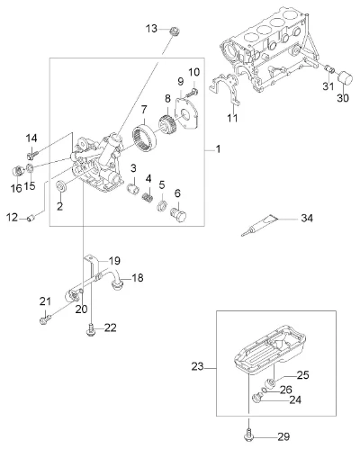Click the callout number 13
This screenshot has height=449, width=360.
151,29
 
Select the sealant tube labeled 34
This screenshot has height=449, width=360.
260,226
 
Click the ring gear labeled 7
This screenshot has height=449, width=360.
145,139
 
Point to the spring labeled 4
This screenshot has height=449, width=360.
147,197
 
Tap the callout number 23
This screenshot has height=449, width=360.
197,366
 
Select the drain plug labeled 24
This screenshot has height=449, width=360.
257,398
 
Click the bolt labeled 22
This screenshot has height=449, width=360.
90,330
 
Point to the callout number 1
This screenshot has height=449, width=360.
218,148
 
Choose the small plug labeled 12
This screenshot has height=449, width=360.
31,218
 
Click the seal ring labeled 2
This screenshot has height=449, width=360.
62,186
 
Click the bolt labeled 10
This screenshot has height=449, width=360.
192,92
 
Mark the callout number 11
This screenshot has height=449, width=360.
232,118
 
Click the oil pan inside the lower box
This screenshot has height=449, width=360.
270,350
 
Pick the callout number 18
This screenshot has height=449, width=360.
138,278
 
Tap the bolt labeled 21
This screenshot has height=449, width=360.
45,319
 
